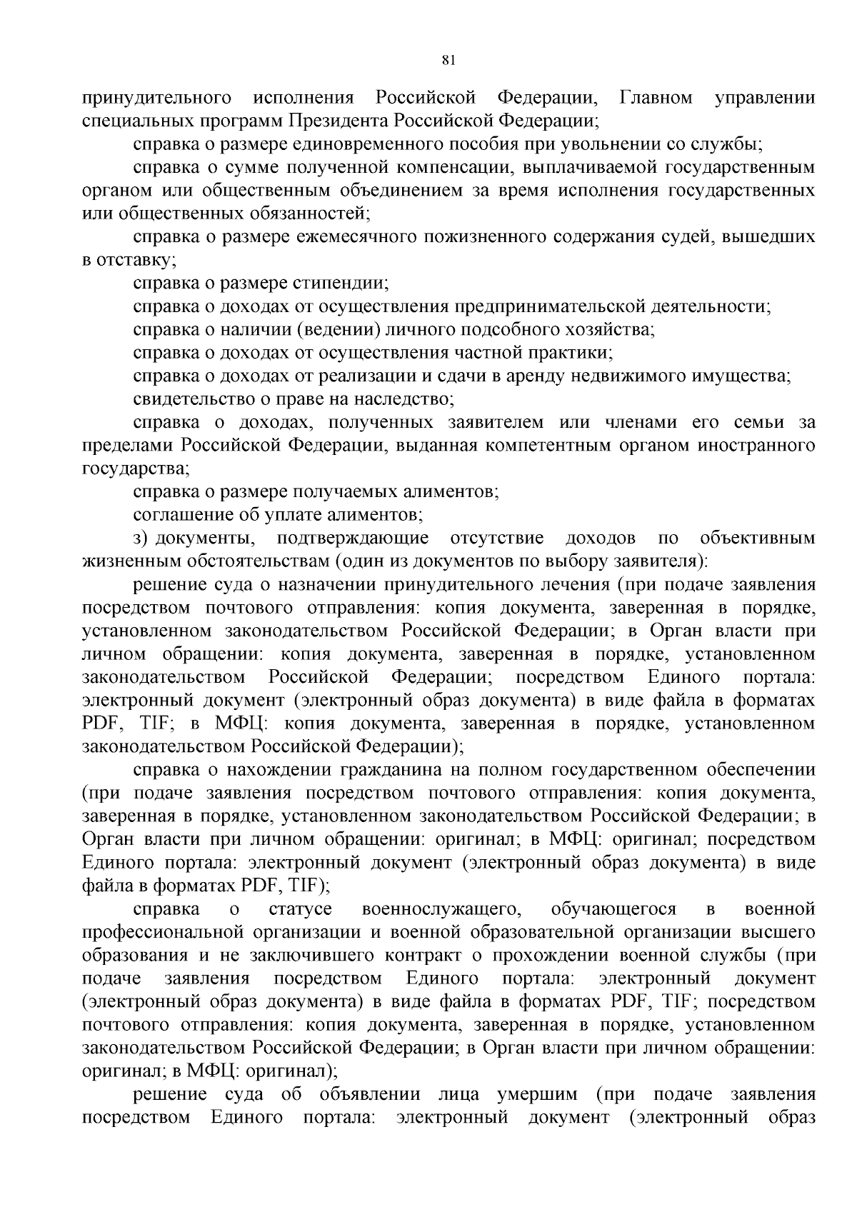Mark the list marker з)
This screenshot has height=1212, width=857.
pyautogui.click(x=140, y=538)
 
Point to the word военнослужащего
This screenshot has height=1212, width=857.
pyautogui.click(x=439, y=909)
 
